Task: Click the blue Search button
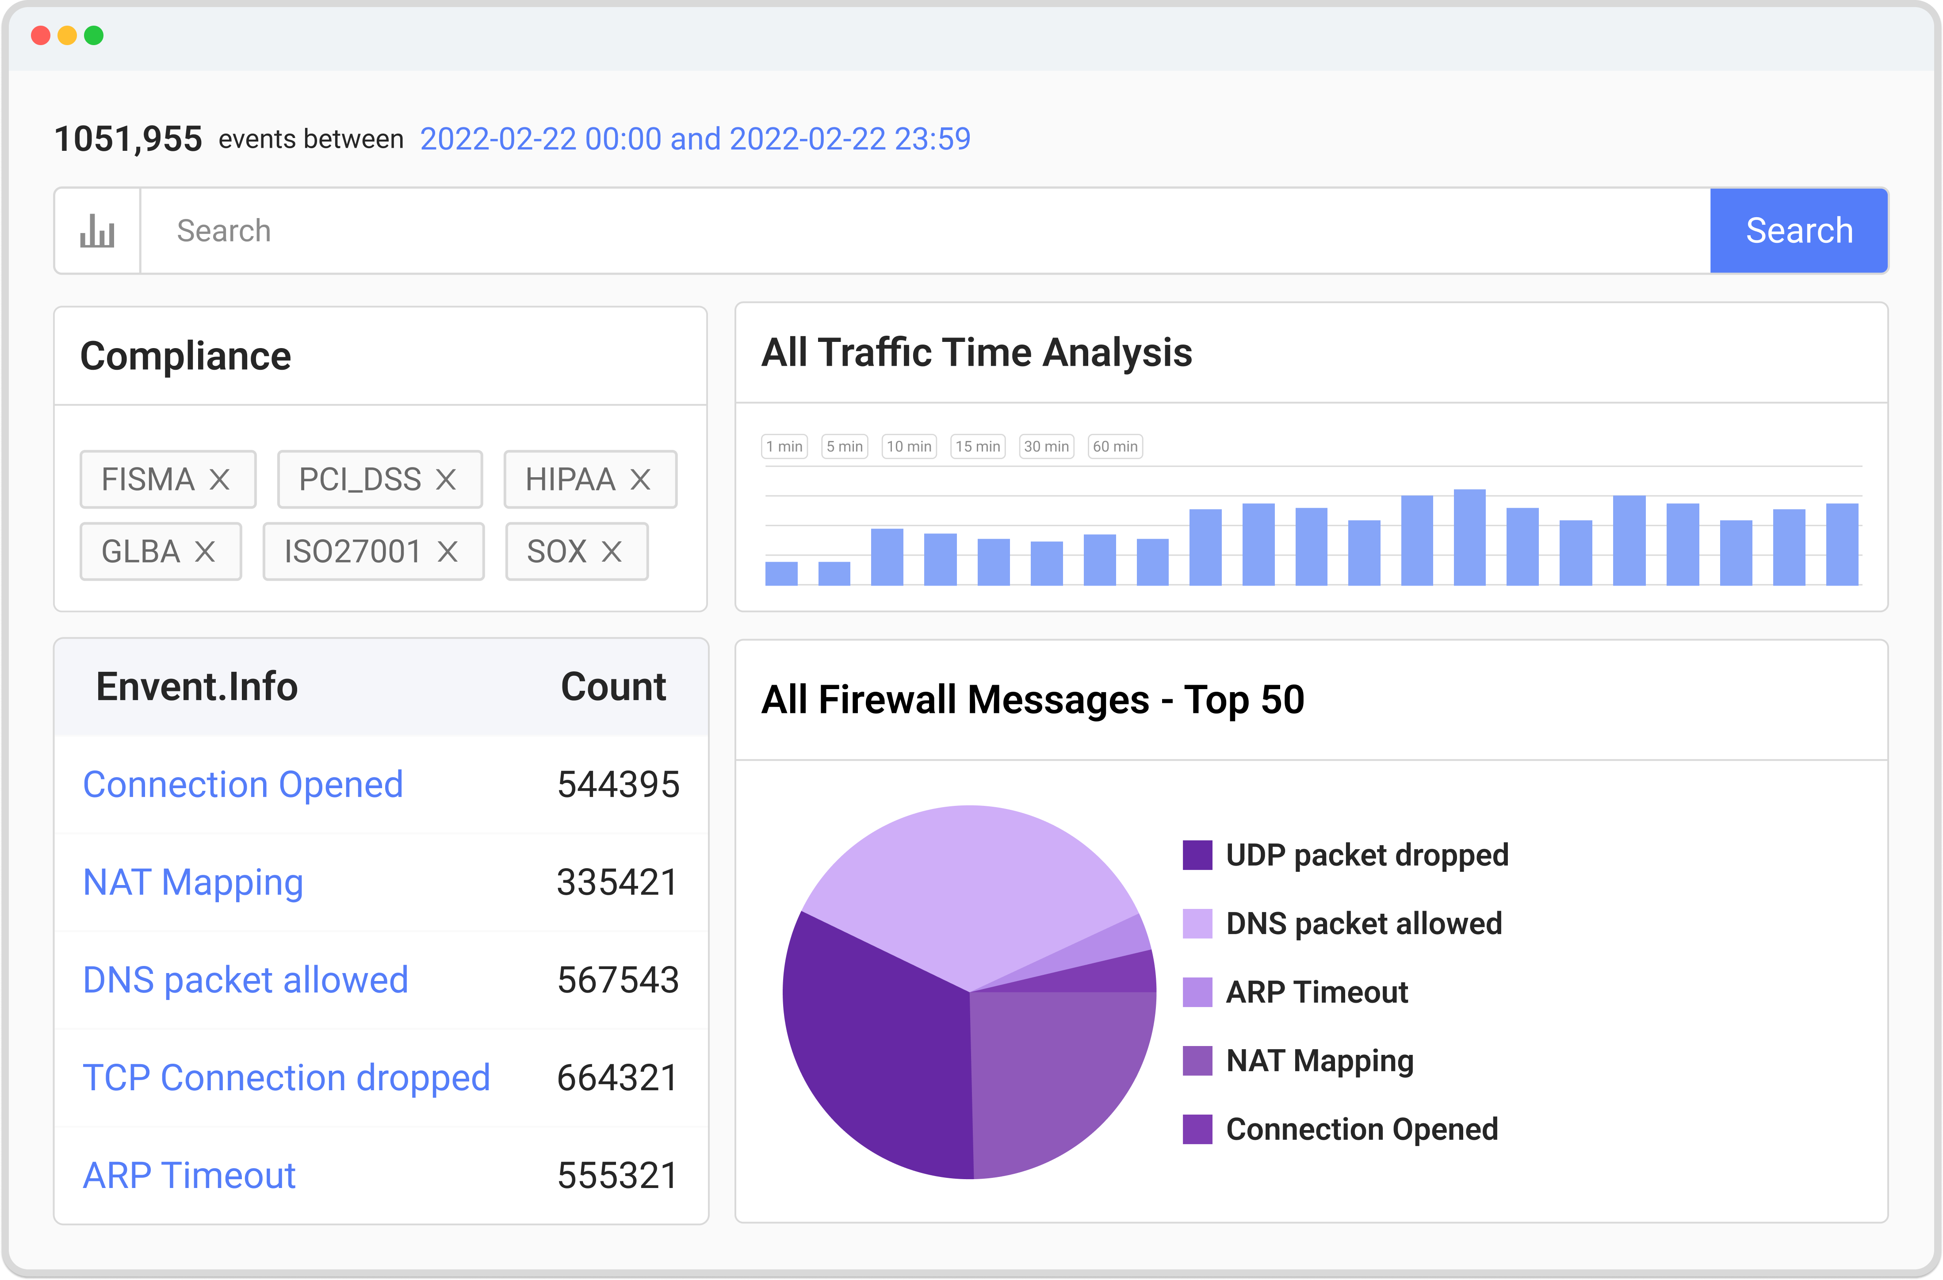[x=1798, y=231]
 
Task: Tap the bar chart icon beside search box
[x=97, y=231]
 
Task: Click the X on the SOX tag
[x=612, y=552]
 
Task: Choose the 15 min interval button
[x=977, y=447]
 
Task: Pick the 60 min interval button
[x=1114, y=447]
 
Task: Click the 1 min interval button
[x=784, y=447]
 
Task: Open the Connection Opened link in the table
[x=242, y=785]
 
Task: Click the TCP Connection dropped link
[x=286, y=1077]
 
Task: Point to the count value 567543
[x=618, y=980]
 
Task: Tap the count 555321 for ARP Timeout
[x=618, y=1176]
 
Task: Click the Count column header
[x=613, y=686]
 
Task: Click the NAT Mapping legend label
[x=1319, y=1061]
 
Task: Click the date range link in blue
[x=695, y=139]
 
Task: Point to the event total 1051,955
[x=128, y=139]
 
